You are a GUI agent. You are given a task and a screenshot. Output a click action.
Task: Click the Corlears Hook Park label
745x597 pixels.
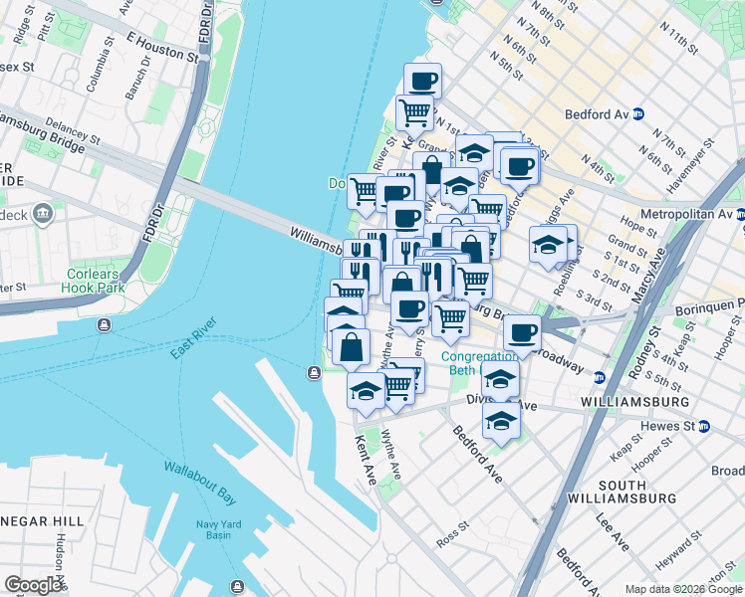click(97, 281)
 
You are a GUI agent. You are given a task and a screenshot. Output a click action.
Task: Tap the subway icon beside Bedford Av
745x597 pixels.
click(637, 114)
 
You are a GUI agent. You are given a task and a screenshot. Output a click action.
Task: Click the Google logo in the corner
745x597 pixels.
click(33, 585)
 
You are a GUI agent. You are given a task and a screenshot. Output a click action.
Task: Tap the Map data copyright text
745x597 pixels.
click(683, 589)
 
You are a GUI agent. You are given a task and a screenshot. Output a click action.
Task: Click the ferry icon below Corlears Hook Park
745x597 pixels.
click(104, 325)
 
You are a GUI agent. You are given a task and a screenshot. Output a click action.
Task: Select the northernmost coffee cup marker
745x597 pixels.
click(422, 80)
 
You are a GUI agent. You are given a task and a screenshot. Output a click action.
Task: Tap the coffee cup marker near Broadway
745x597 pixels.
click(522, 332)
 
